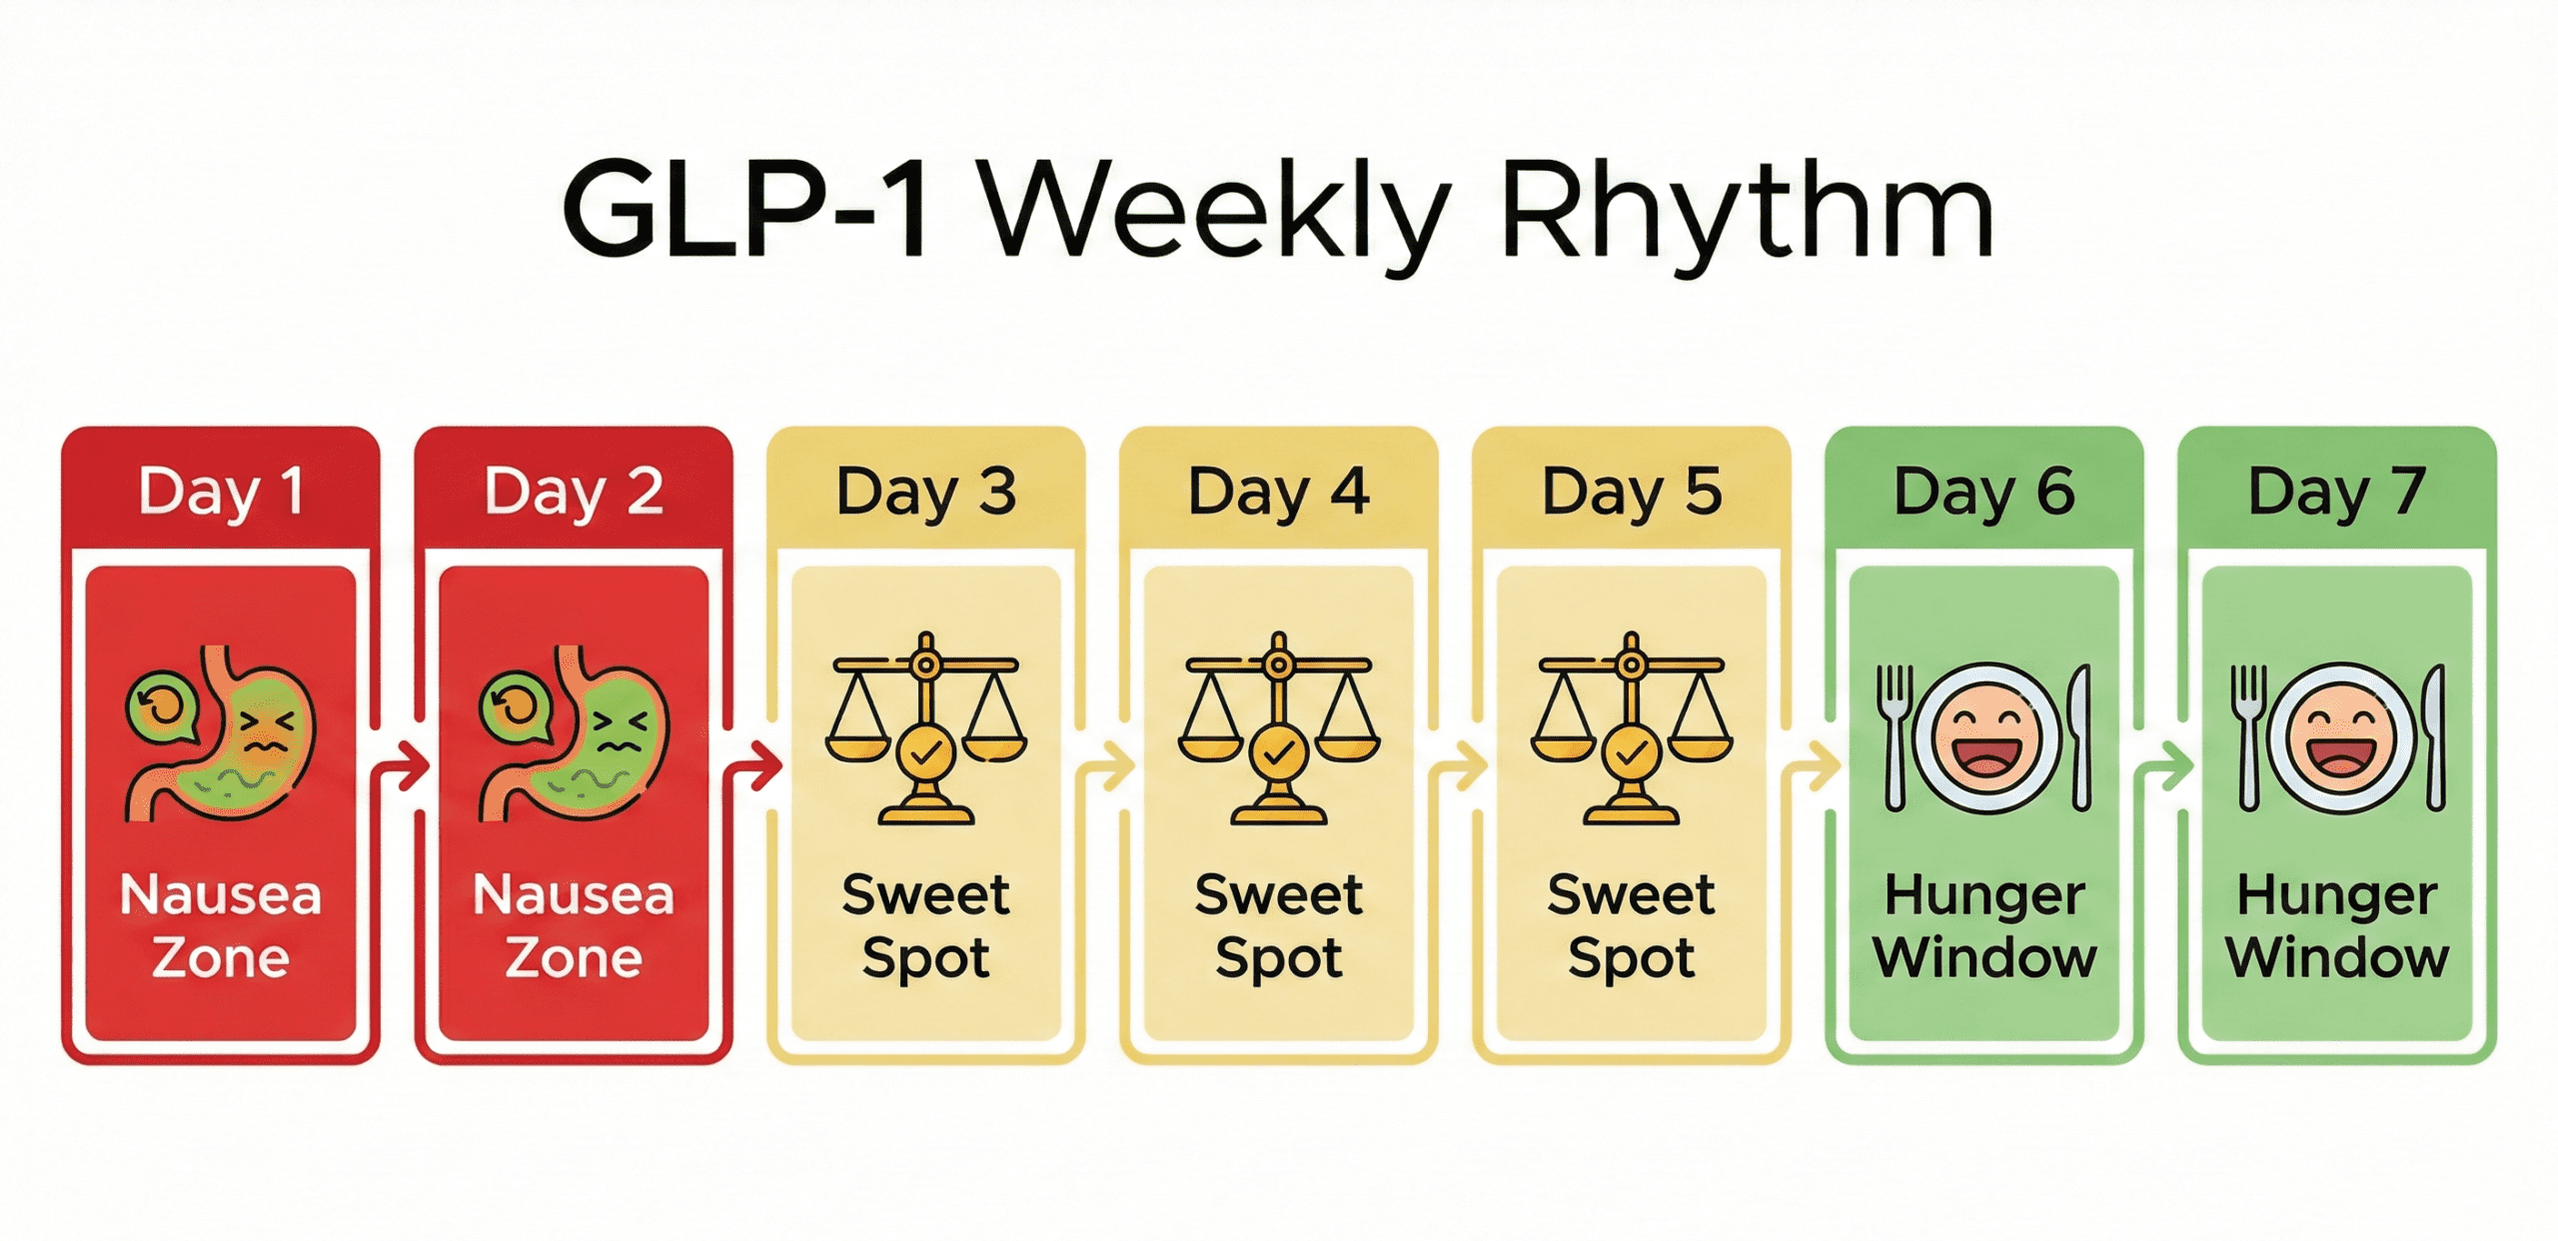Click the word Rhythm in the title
(1747, 212)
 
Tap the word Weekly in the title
(1214, 212)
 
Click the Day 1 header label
(221, 492)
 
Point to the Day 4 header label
(1278, 492)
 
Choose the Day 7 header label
(2336, 492)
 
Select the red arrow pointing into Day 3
(754, 767)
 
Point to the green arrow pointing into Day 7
(2164, 767)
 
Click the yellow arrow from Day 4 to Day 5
(1459, 767)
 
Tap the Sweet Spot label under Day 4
(1278, 925)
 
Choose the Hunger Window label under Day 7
(2336, 925)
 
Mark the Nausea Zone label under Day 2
(574, 925)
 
